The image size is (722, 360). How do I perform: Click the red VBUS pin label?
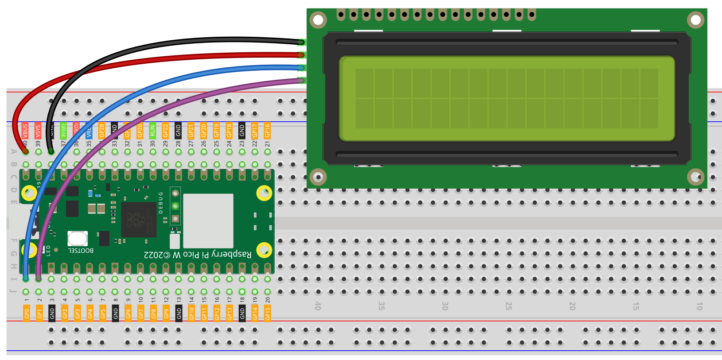point(25,131)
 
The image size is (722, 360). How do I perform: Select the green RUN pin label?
point(153,131)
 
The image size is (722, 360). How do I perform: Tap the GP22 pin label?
point(166,131)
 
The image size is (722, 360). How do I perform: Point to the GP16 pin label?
point(268,131)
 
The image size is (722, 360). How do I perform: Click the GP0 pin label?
point(27,314)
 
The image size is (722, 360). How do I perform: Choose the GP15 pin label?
point(268,314)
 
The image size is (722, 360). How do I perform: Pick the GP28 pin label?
point(102,131)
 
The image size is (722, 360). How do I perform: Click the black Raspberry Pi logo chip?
point(139,220)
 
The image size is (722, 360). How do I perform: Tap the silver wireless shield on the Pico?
point(208,221)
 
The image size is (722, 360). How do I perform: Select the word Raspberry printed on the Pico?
point(232,254)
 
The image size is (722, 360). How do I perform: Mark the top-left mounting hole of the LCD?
point(318,19)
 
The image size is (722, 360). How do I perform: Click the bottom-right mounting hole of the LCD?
point(695,177)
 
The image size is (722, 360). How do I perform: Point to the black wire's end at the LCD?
point(301,43)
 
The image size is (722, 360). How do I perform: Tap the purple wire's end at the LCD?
point(301,81)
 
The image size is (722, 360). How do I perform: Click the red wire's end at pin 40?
point(26,151)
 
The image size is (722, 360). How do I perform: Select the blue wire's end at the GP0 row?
point(26,279)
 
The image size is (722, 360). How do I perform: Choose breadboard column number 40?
point(318,306)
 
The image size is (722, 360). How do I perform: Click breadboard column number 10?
point(699,306)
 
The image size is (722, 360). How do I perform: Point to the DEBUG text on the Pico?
point(161,202)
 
